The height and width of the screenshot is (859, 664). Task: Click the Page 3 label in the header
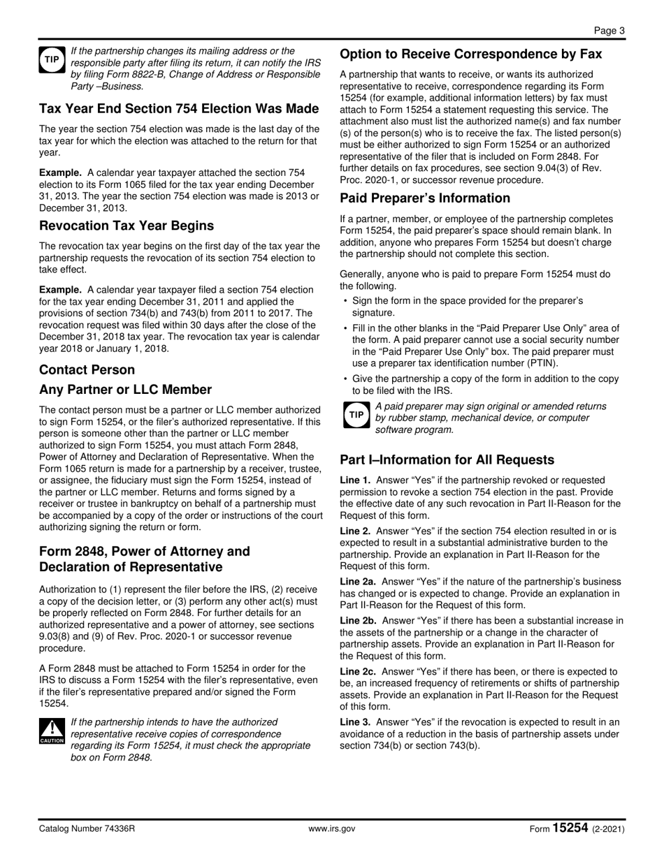pos(609,30)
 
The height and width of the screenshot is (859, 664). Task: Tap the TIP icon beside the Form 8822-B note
pos(52,61)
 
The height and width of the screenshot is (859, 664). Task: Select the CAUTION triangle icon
pos(52,731)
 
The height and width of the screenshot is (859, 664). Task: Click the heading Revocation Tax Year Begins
pos(127,226)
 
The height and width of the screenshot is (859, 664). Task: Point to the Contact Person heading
pos(87,369)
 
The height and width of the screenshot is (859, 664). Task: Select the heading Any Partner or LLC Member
pos(125,389)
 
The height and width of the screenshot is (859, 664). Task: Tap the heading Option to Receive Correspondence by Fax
pos(470,54)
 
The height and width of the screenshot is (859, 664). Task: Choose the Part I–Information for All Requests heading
pos(447,460)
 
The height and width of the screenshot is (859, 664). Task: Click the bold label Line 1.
pos(355,480)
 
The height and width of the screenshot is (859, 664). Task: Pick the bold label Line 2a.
pos(358,581)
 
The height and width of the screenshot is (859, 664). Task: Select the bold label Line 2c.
pos(358,671)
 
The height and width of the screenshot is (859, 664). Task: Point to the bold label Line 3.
pos(355,721)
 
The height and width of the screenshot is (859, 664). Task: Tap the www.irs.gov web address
pos(332,829)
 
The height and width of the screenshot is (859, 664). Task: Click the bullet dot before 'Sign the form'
pos(346,302)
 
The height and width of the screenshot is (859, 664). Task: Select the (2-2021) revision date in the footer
pos(608,829)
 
